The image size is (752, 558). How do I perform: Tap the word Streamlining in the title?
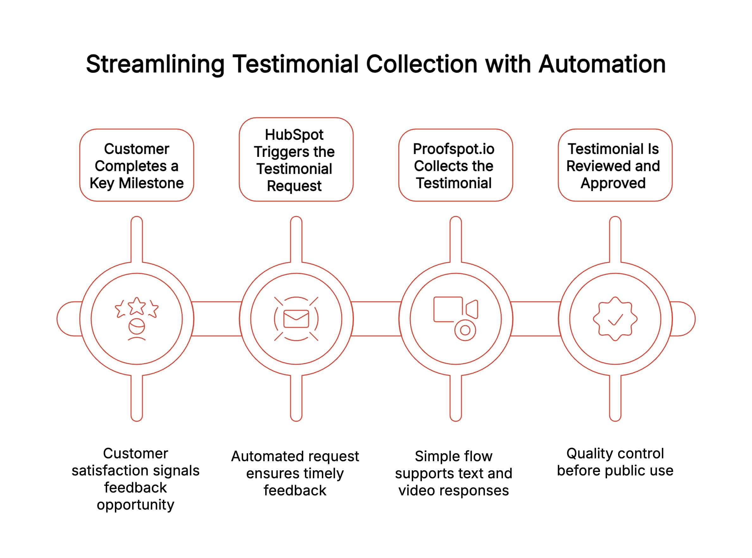pos(155,64)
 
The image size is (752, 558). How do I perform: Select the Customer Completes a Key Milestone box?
pos(136,165)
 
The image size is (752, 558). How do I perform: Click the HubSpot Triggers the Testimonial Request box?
pos(296,160)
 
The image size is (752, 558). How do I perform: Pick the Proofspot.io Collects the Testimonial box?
pos(455,165)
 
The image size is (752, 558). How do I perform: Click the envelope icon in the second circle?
pos(296,319)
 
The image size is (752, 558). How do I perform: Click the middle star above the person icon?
pos(136,306)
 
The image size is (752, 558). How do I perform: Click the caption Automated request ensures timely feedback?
pos(295,473)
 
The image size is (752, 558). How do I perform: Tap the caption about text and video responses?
pos(454,473)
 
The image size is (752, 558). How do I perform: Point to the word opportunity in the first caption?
pos(135,505)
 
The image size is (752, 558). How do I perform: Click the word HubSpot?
pos(294,135)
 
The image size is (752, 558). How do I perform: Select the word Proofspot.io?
pos(454,149)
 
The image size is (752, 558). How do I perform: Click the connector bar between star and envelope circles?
pos(216,319)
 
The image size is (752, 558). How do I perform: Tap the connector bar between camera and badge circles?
pos(535,319)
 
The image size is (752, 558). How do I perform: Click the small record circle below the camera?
pos(465,330)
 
